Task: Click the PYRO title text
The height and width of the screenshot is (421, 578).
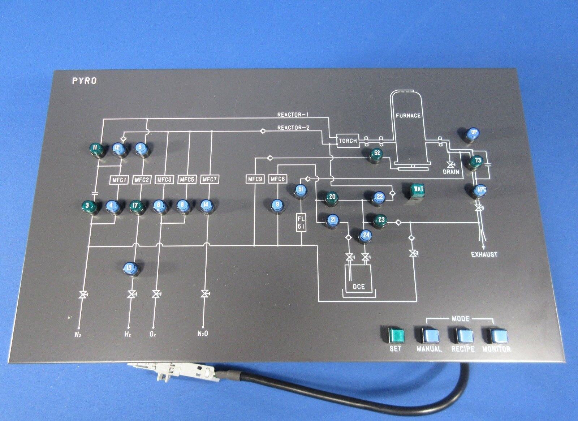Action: coord(83,82)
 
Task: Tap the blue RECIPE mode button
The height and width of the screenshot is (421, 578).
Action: coord(464,335)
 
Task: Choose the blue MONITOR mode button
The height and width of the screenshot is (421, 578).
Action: coord(496,335)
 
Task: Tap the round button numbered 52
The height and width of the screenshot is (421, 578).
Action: coord(376,154)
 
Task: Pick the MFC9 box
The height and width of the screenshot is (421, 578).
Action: coord(255,179)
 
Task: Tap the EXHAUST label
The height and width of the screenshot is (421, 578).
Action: coord(484,254)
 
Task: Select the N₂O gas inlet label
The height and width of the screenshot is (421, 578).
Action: coord(202,334)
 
